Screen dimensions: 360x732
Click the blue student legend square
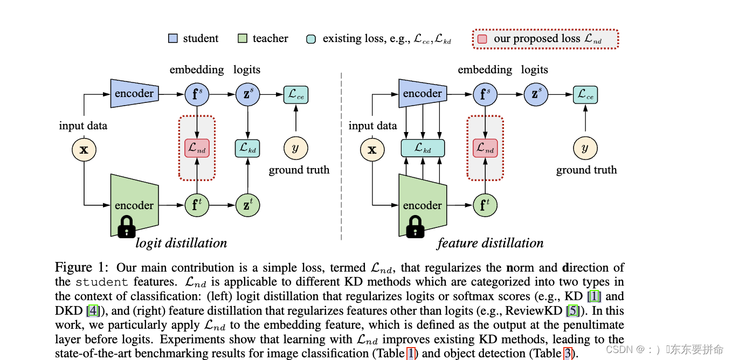click(x=173, y=39)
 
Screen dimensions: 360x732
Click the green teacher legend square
click(x=242, y=39)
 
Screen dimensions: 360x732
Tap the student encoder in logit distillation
click(x=134, y=94)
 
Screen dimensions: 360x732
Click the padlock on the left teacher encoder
click(x=126, y=227)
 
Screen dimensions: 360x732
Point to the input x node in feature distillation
click(x=372, y=149)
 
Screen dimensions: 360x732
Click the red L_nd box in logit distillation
click(x=197, y=148)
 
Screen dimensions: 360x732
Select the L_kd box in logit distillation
click(x=247, y=148)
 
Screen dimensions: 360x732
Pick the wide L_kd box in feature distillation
click(x=423, y=148)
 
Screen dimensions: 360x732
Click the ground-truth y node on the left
click(x=295, y=148)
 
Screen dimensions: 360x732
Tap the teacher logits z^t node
click(x=247, y=205)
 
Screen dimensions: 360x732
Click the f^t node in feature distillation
click(x=485, y=205)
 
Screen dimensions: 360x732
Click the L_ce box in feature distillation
click(x=585, y=95)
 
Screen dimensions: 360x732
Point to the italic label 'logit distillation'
click(x=181, y=243)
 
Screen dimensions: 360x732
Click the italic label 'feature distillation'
click(x=490, y=243)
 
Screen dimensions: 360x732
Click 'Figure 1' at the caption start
click(x=81, y=268)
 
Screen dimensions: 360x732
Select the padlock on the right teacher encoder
click(x=415, y=227)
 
